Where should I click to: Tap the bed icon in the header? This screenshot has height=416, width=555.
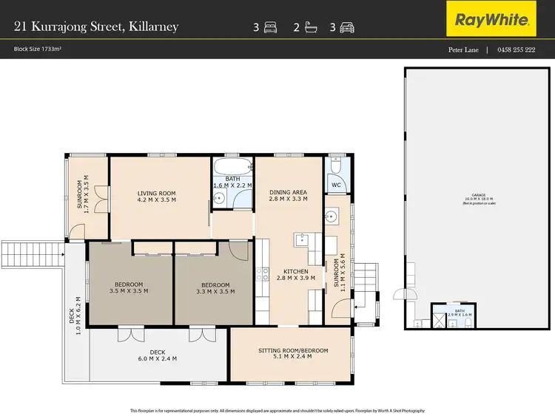tap(270, 28)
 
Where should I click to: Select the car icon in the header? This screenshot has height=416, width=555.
tap(347, 28)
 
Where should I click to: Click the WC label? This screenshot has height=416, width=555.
tap(336, 185)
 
